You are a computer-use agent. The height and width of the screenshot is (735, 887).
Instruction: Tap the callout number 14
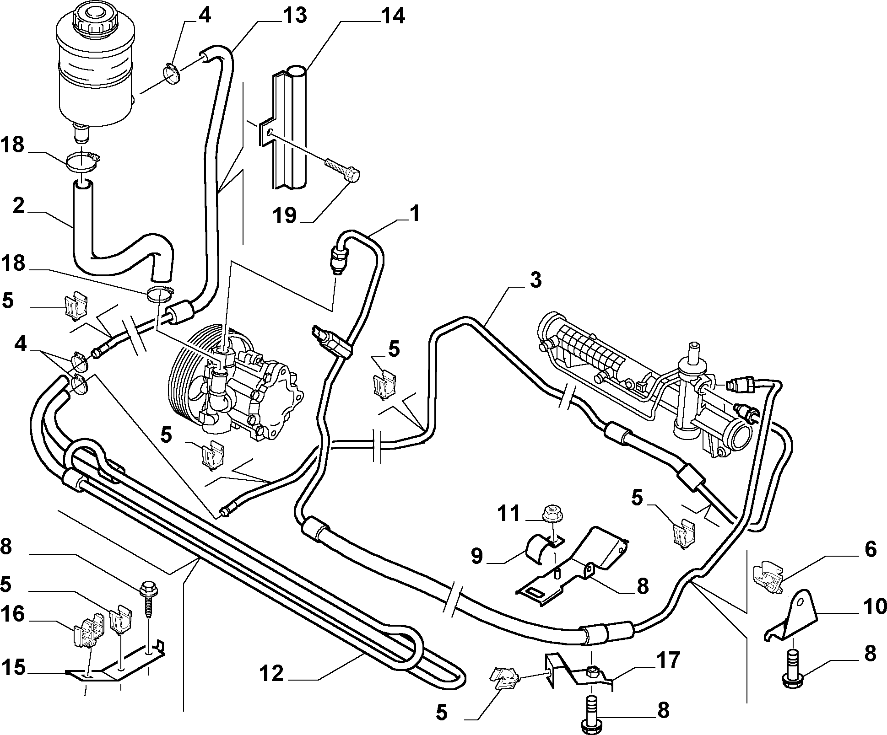pyautogui.click(x=391, y=16)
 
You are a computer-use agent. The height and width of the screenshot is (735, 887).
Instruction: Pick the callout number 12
pyautogui.click(x=272, y=674)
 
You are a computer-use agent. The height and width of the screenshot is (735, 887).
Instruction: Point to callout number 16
pyautogui.click(x=12, y=614)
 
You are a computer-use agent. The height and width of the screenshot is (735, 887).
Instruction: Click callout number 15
pyautogui.click(x=12, y=668)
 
